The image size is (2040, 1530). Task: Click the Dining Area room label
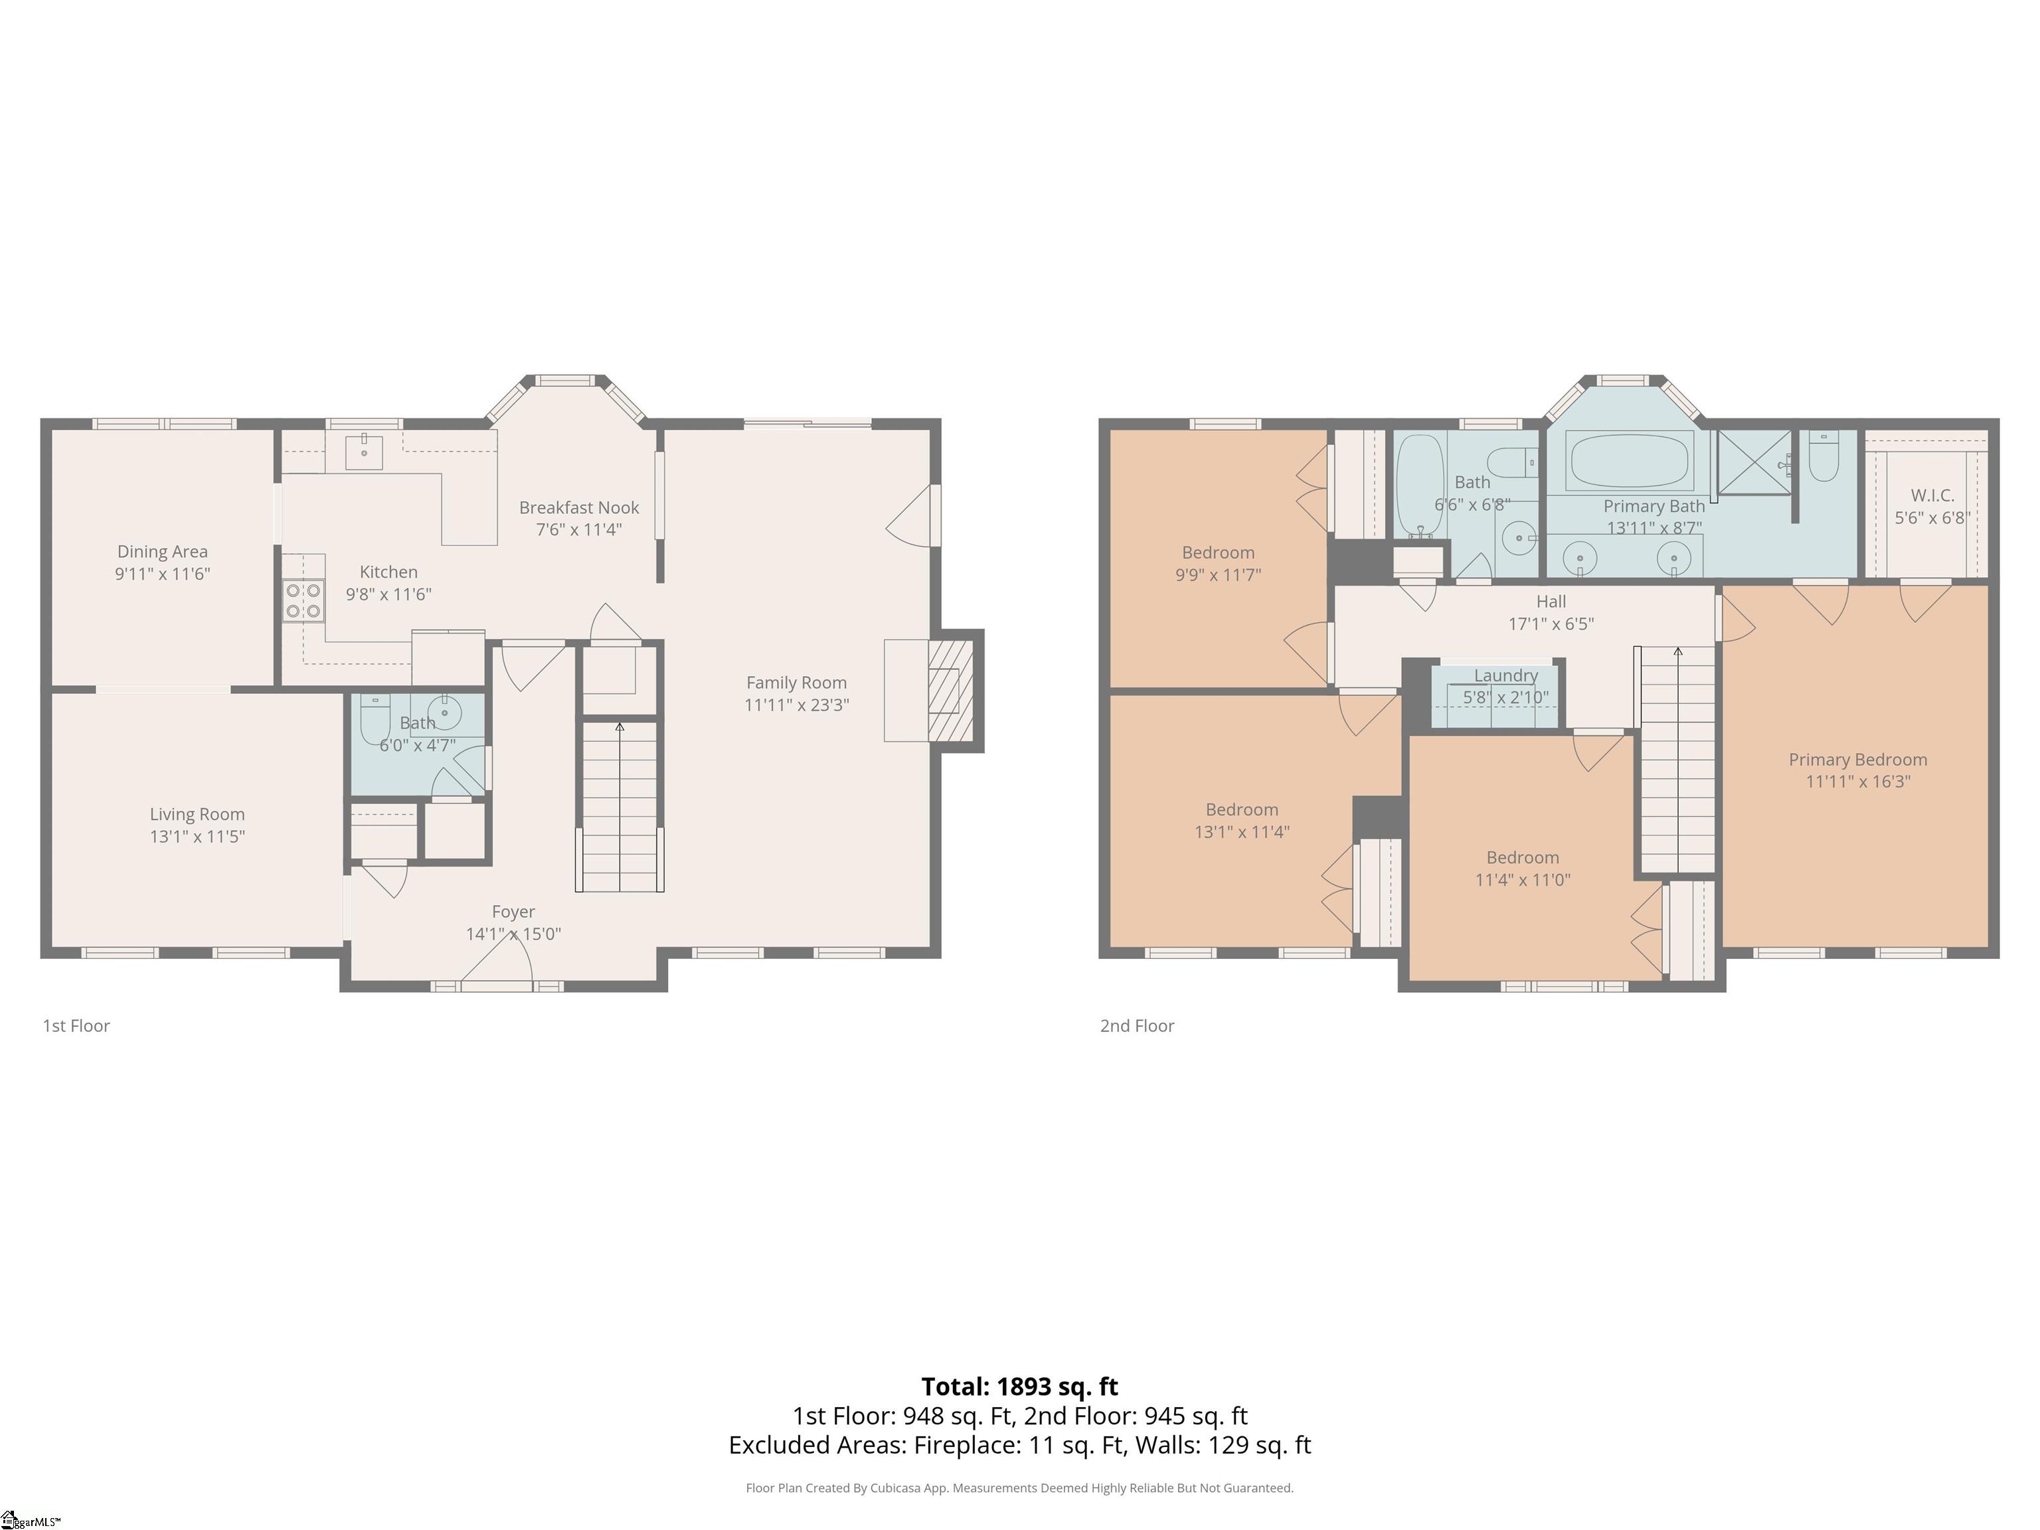(x=162, y=551)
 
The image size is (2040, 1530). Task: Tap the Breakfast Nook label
(x=579, y=507)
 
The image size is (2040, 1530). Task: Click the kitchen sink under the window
(x=365, y=452)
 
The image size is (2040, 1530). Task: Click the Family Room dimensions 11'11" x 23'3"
(x=797, y=705)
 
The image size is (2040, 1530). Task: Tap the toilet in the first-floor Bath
(x=375, y=719)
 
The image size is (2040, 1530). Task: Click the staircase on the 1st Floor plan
(x=620, y=806)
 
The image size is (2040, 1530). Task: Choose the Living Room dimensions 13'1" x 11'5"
(x=197, y=837)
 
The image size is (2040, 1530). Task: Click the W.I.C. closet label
(x=1932, y=495)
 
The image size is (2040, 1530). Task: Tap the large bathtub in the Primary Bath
(x=1630, y=460)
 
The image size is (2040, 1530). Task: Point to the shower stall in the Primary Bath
(x=1754, y=462)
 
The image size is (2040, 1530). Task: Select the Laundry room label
(x=1506, y=675)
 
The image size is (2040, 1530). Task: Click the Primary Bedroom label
(x=1857, y=759)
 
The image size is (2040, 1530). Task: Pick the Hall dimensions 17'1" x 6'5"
(x=1551, y=624)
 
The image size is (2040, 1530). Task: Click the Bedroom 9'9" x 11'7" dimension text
(x=1219, y=574)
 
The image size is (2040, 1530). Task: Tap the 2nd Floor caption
(x=1137, y=1025)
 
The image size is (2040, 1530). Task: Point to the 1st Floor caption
(x=76, y=1025)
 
